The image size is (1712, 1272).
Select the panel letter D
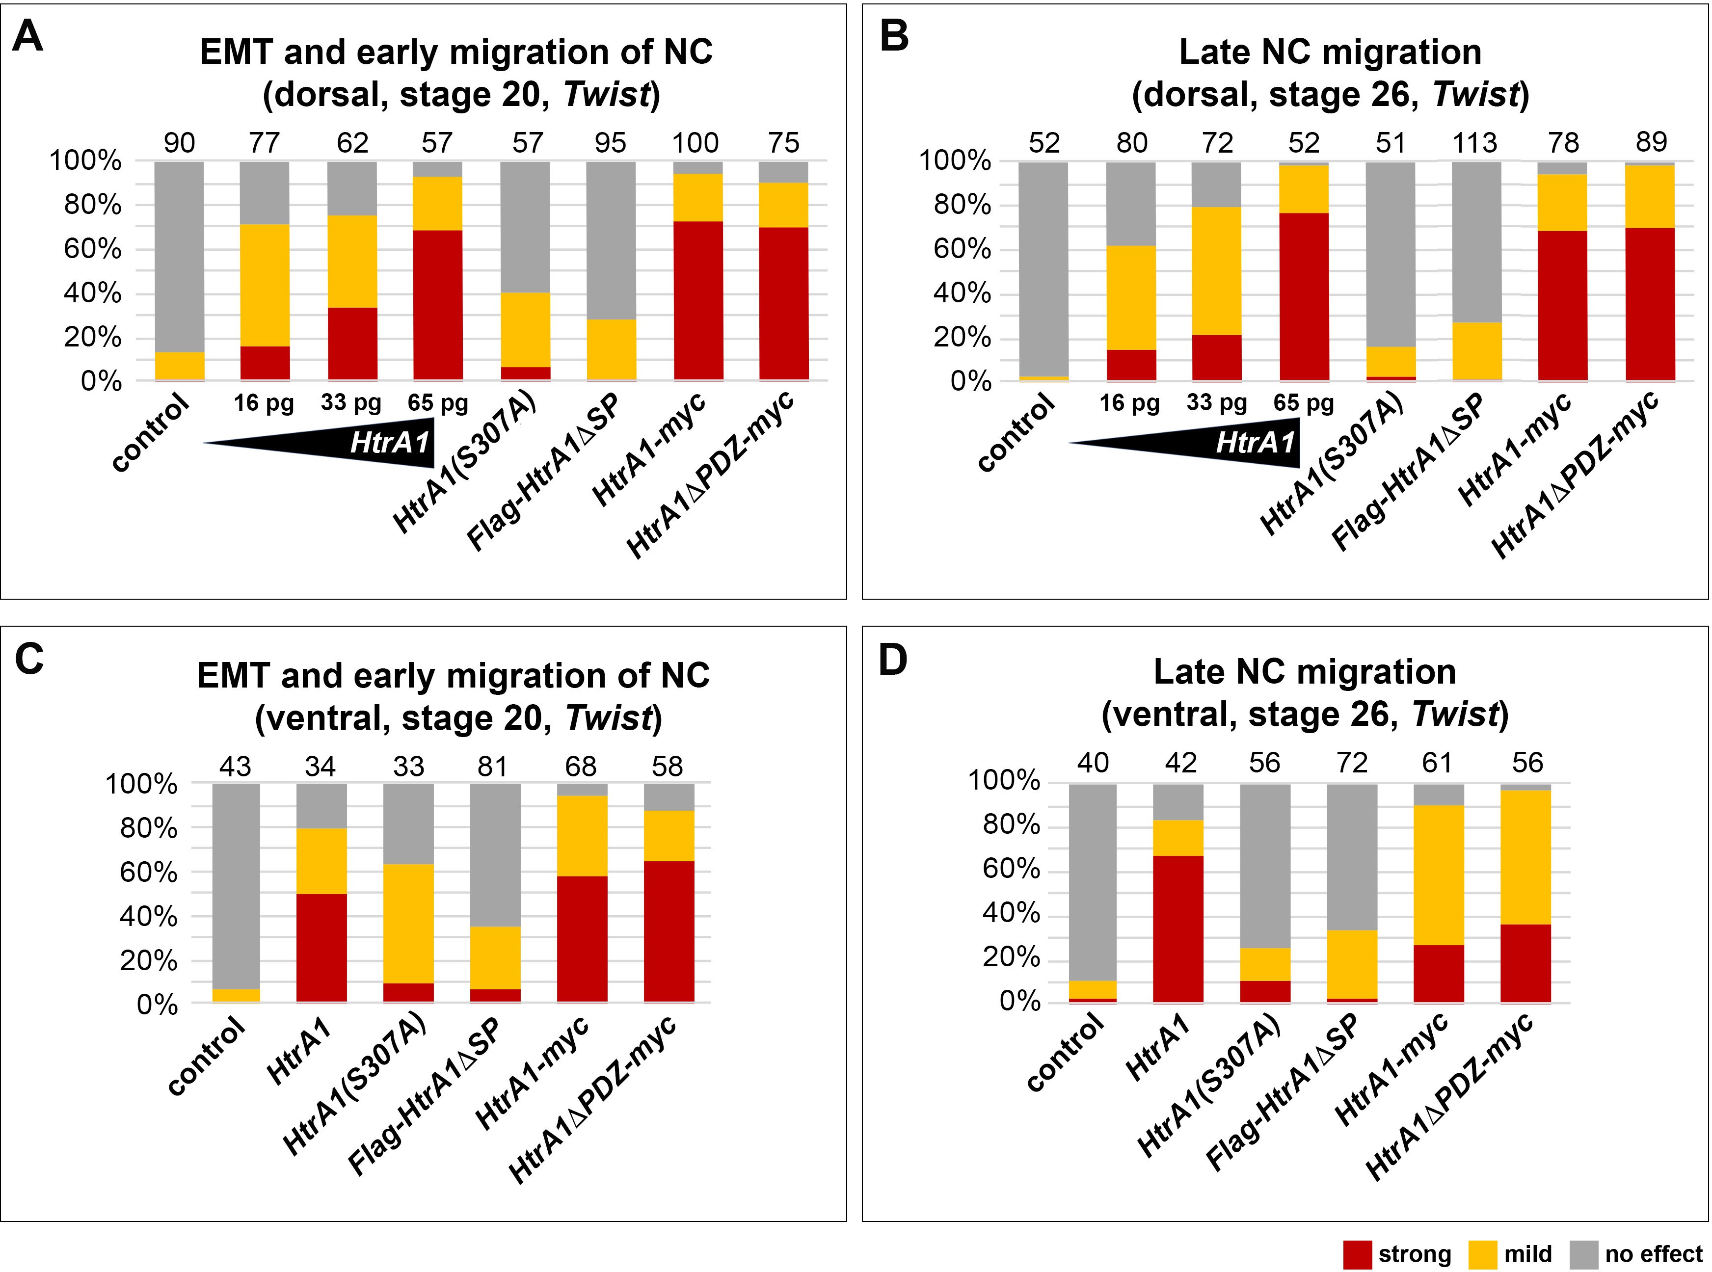click(x=893, y=660)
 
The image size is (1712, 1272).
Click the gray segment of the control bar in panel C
click(x=236, y=885)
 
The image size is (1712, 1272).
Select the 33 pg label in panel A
click(x=351, y=403)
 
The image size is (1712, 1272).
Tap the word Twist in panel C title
click(x=609, y=717)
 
